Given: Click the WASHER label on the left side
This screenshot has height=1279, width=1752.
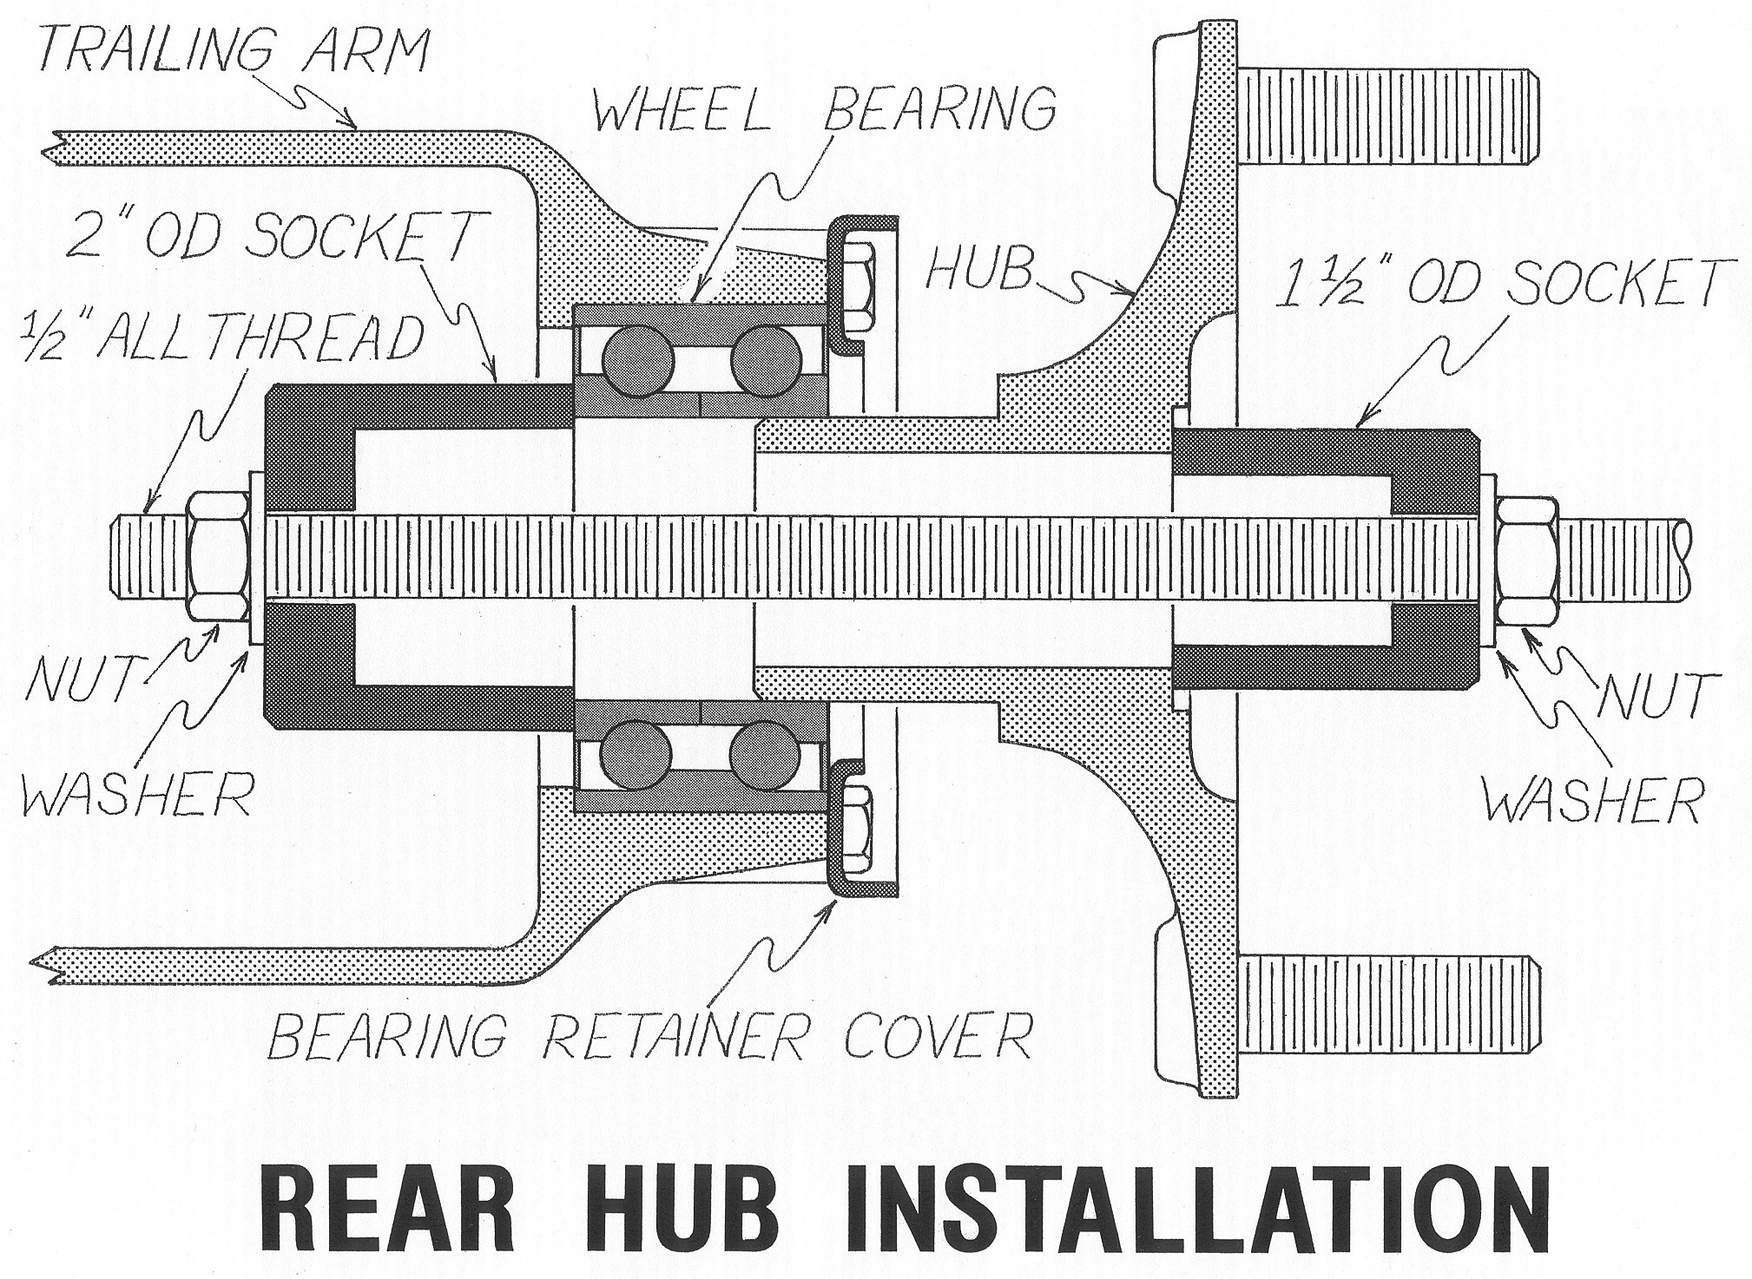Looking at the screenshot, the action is tap(135, 794).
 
